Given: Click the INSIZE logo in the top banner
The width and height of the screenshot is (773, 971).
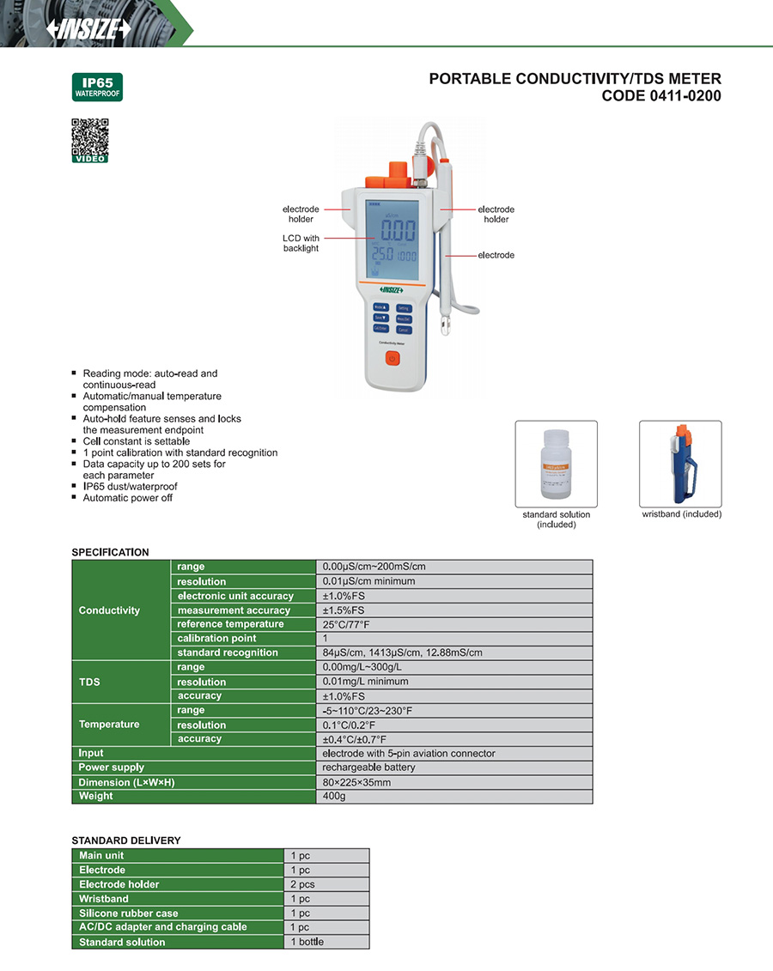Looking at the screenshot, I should [x=89, y=27].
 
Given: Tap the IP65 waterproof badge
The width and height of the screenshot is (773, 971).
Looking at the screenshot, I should [x=97, y=88].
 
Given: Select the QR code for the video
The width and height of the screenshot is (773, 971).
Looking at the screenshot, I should [x=89, y=138].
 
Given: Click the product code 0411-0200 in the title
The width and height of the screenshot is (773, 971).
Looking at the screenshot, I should [x=661, y=96].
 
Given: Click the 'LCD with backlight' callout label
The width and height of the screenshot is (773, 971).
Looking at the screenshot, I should [x=301, y=243].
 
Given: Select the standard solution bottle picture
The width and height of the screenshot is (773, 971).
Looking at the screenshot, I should [x=556, y=464].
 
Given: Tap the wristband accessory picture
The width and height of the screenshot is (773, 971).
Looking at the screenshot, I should [x=680, y=464].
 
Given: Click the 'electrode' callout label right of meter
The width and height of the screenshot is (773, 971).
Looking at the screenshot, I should [x=496, y=255].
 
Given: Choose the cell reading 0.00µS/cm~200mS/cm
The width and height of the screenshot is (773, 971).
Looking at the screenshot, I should [x=454, y=567].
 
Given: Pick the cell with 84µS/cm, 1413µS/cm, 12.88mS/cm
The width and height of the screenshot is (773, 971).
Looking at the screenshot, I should [x=454, y=652].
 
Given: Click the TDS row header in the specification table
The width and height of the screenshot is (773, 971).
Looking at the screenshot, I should [x=89, y=682].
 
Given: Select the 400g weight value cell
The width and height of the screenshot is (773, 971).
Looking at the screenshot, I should [x=454, y=797].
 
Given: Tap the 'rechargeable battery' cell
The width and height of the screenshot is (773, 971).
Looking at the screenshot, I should [x=454, y=768].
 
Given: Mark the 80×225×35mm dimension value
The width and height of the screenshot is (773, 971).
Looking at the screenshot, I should [x=454, y=782].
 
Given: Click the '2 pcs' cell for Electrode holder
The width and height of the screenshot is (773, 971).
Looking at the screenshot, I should [x=326, y=884].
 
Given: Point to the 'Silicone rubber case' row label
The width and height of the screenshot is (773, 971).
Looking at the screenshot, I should [x=129, y=913].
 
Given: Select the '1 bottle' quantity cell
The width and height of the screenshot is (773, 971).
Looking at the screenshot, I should [x=326, y=942].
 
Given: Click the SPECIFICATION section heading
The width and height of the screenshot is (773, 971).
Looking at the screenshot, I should [x=110, y=552].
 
